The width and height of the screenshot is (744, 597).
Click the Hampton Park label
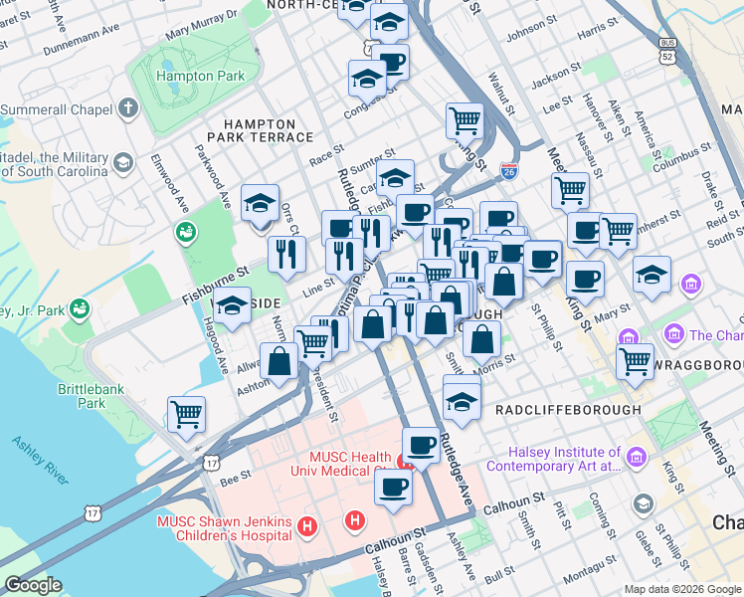tap(179, 76)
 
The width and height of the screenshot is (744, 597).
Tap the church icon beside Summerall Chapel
tap(127, 107)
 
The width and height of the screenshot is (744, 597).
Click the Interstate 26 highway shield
tap(508, 171)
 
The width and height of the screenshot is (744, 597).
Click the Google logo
tap(33, 584)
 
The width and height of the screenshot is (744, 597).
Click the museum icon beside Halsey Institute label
tap(638, 459)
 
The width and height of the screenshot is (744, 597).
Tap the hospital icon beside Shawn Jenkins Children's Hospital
tap(308, 524)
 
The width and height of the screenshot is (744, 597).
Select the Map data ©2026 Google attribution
tap(681, 589)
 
